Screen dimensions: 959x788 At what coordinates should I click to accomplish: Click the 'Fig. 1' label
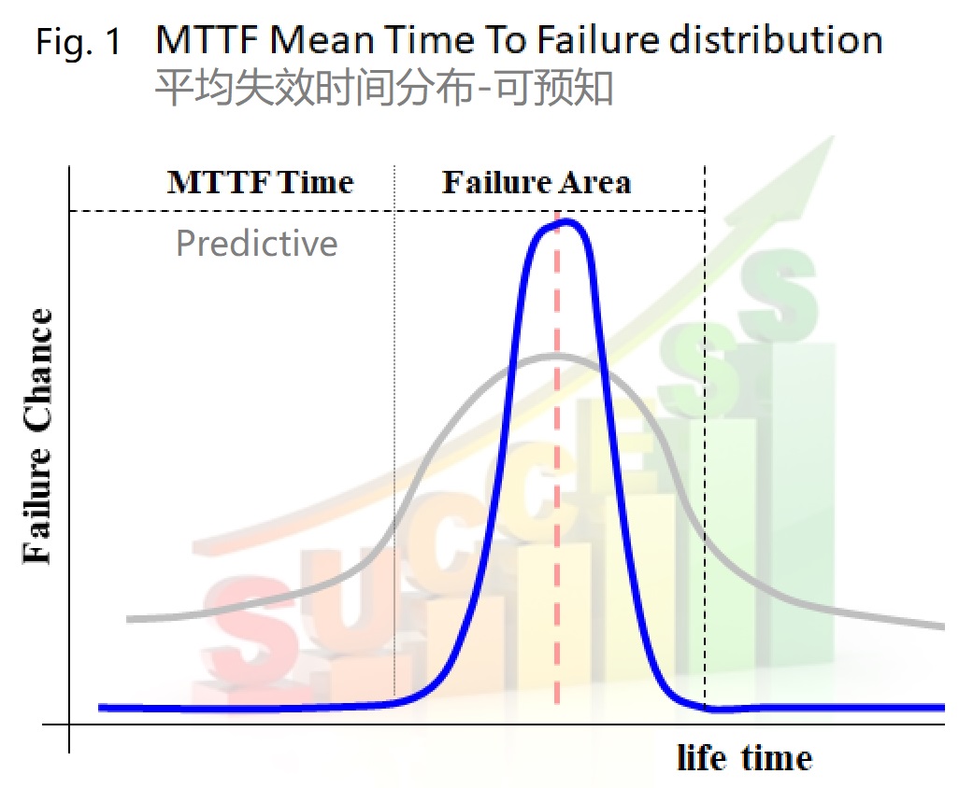pyautogui.click(x=79, y=43)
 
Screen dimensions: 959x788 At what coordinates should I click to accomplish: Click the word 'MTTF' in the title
pyautogui.click(x=207, y=40)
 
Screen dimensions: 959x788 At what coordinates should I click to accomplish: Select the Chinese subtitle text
pyautogui.click(x=384, y=88)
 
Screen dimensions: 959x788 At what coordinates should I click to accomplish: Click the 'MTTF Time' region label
pyautogui.click(x=261, y=182)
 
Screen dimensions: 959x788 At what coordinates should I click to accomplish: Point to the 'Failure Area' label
pyautogui.click(x=537, y=182)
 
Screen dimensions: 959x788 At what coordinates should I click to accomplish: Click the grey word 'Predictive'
pyautogui.click(x=257, y=243)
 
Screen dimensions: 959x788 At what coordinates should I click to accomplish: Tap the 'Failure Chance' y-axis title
pyautogui.click(x=37, y=435)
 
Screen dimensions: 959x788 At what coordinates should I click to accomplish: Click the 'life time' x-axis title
pyautogui.click(x=744, y=757)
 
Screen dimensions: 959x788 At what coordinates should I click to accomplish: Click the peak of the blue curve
pyautogui.click(x=565, y=221)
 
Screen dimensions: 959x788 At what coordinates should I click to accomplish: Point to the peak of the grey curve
pyautogui.click(x=555, y=356)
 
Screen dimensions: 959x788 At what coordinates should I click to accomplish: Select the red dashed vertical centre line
pyautogui.click(x=556, y=458)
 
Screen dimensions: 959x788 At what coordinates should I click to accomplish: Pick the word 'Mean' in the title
pyautogui.click(x=322, y=40)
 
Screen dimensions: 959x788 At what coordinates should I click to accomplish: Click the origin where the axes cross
pyautogui.click(x=69, y=725)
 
